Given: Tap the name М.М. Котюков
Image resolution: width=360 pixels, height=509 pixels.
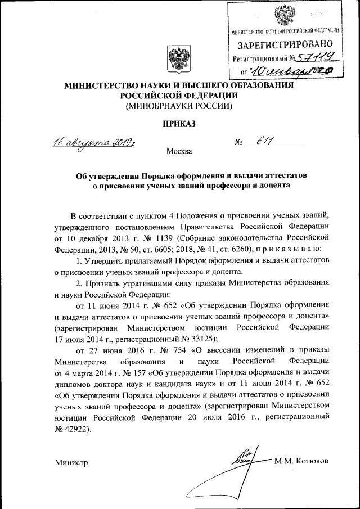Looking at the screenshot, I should click(x=301, y=461).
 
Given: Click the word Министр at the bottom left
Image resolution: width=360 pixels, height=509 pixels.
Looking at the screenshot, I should click(x=71, y=462).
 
